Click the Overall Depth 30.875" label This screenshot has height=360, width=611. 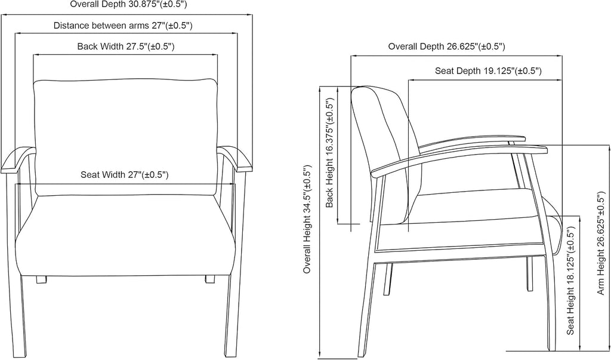click(x=129, y=4)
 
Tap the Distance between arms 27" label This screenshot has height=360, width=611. click(x=123, y=26)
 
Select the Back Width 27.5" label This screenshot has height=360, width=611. click(x=125, y=47)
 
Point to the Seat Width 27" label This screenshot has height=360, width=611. click(x=125, y=174)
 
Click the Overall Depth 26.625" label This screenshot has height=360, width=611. click(x=446, y=47)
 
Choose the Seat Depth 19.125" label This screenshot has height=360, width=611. click(x=488, y=70)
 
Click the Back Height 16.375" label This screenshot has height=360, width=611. click(x=330, y=153)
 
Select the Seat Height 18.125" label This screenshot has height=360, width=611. click(x=570, y=281)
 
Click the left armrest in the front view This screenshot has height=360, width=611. click(x=17, y=159)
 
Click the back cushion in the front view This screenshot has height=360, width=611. click(x=125, y=137)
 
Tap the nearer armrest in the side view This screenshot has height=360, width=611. click(x=460, y=158)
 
